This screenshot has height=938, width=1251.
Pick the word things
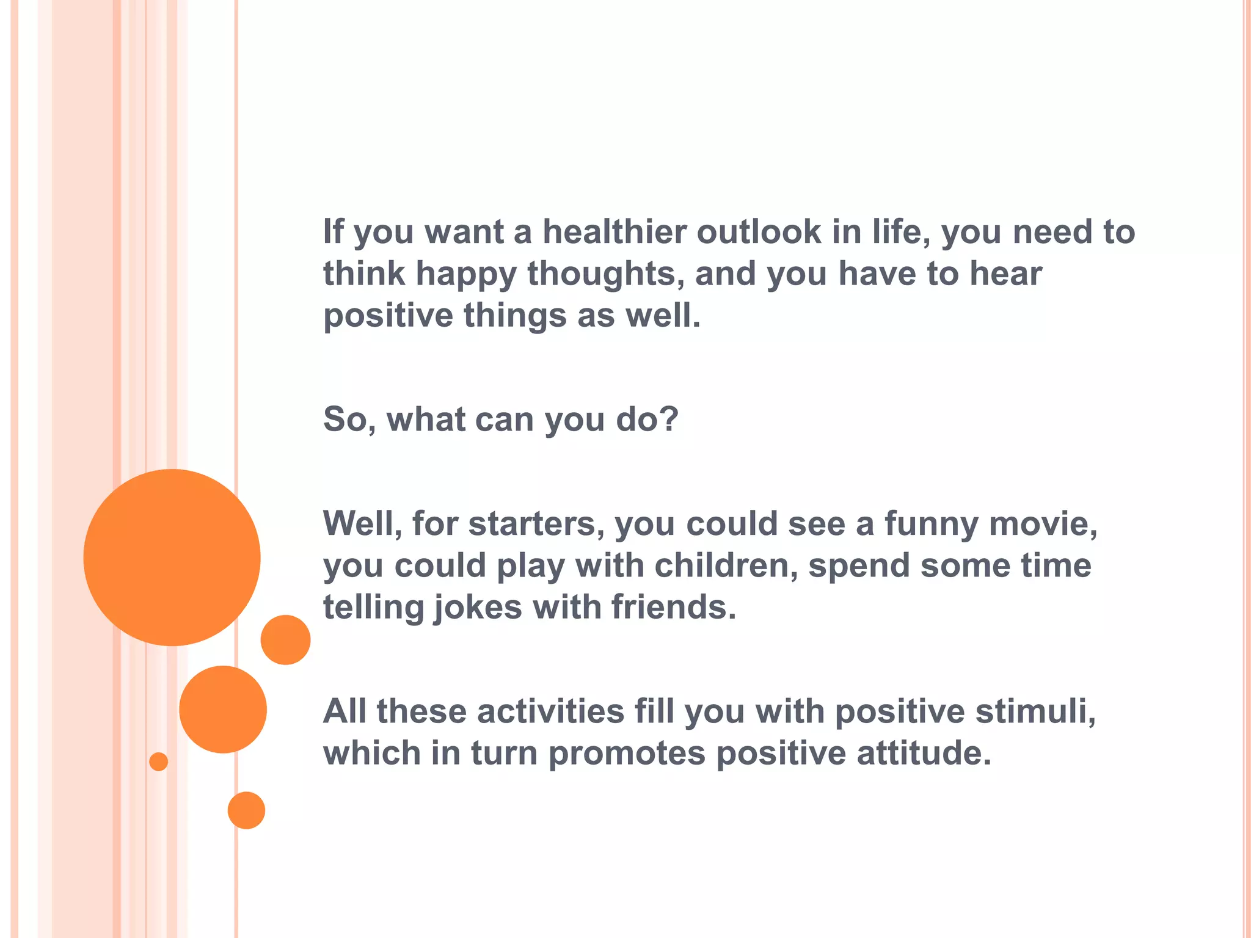(x=515, y=316)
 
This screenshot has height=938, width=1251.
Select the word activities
(x=550, y=711)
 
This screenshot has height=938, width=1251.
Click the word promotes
(x=627, y=754)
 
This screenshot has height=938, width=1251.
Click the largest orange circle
(x=172, y=557)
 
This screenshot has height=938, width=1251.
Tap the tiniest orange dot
(x=158, y=762)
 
